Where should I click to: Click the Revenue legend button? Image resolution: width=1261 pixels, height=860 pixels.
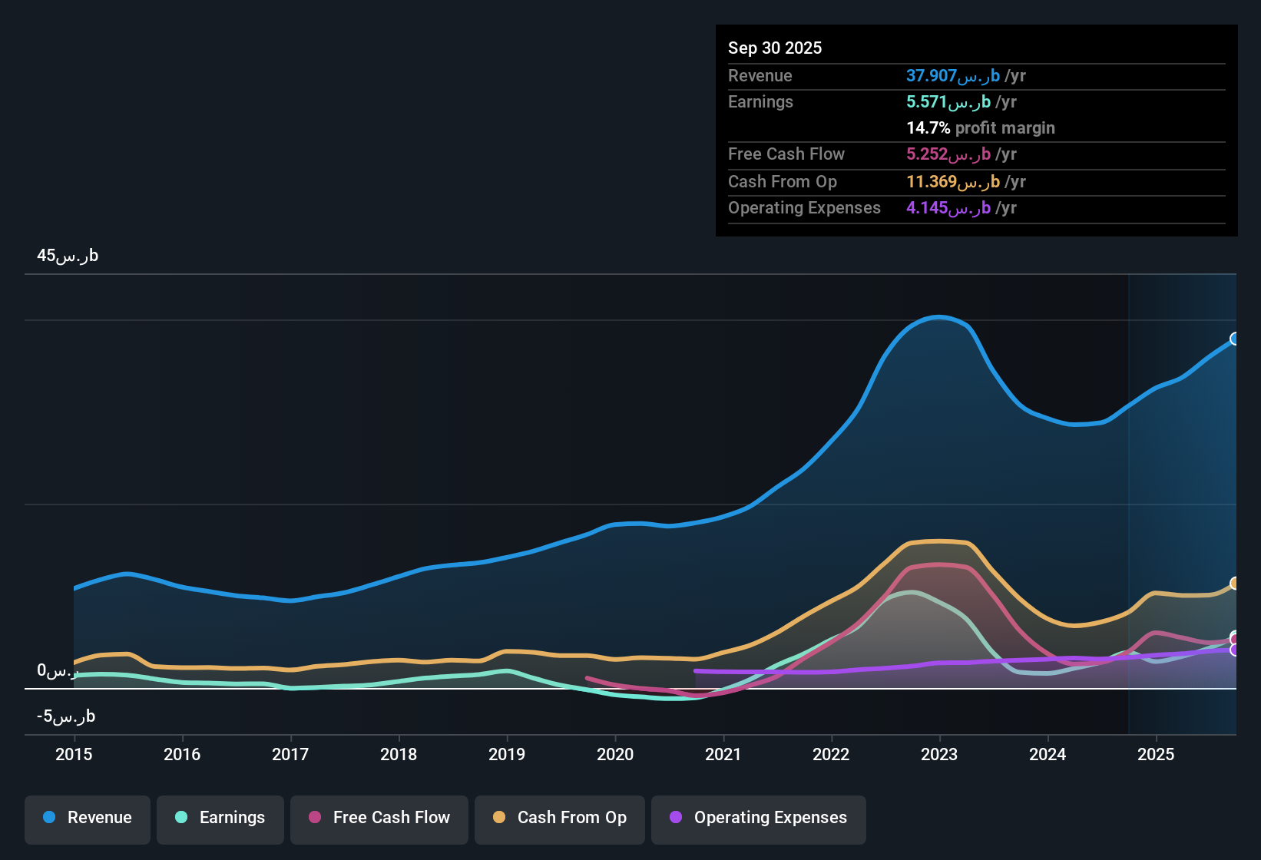pyautogui.click(x=88, y=818)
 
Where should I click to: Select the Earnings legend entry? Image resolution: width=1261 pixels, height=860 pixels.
pyautogui.click(x=220, y=818)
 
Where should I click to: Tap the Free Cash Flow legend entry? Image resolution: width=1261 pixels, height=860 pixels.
pyautogui.click(x=379, y=818)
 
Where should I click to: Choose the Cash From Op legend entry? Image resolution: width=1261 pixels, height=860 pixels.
pyautogui.click(x=560, y=818)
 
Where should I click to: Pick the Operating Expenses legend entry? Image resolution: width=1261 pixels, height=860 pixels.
pyautogui.click(x=759, y=818)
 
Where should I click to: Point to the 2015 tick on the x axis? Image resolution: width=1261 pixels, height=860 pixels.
pyautogui.click(x=74, y=754)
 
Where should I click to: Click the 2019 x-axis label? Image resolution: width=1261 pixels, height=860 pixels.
pyautogui.click(x=507, y=754)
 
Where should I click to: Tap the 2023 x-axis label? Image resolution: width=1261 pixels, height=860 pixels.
pyautogui.click(x=939, y=754)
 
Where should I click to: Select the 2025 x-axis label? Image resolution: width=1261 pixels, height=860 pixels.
pyautogui.click(x=1156, y=754)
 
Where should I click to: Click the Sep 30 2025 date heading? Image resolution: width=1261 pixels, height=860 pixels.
pyautogui.click(x=775, y=48)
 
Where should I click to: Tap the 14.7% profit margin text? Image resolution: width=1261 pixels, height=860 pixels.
pyautogui.click(x=981, y=128)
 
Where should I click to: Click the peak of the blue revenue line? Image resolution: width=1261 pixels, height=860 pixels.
pyautogui.click(x=939, y=316)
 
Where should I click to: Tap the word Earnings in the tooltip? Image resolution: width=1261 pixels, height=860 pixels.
pyautogui.click(x=760, y=102)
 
